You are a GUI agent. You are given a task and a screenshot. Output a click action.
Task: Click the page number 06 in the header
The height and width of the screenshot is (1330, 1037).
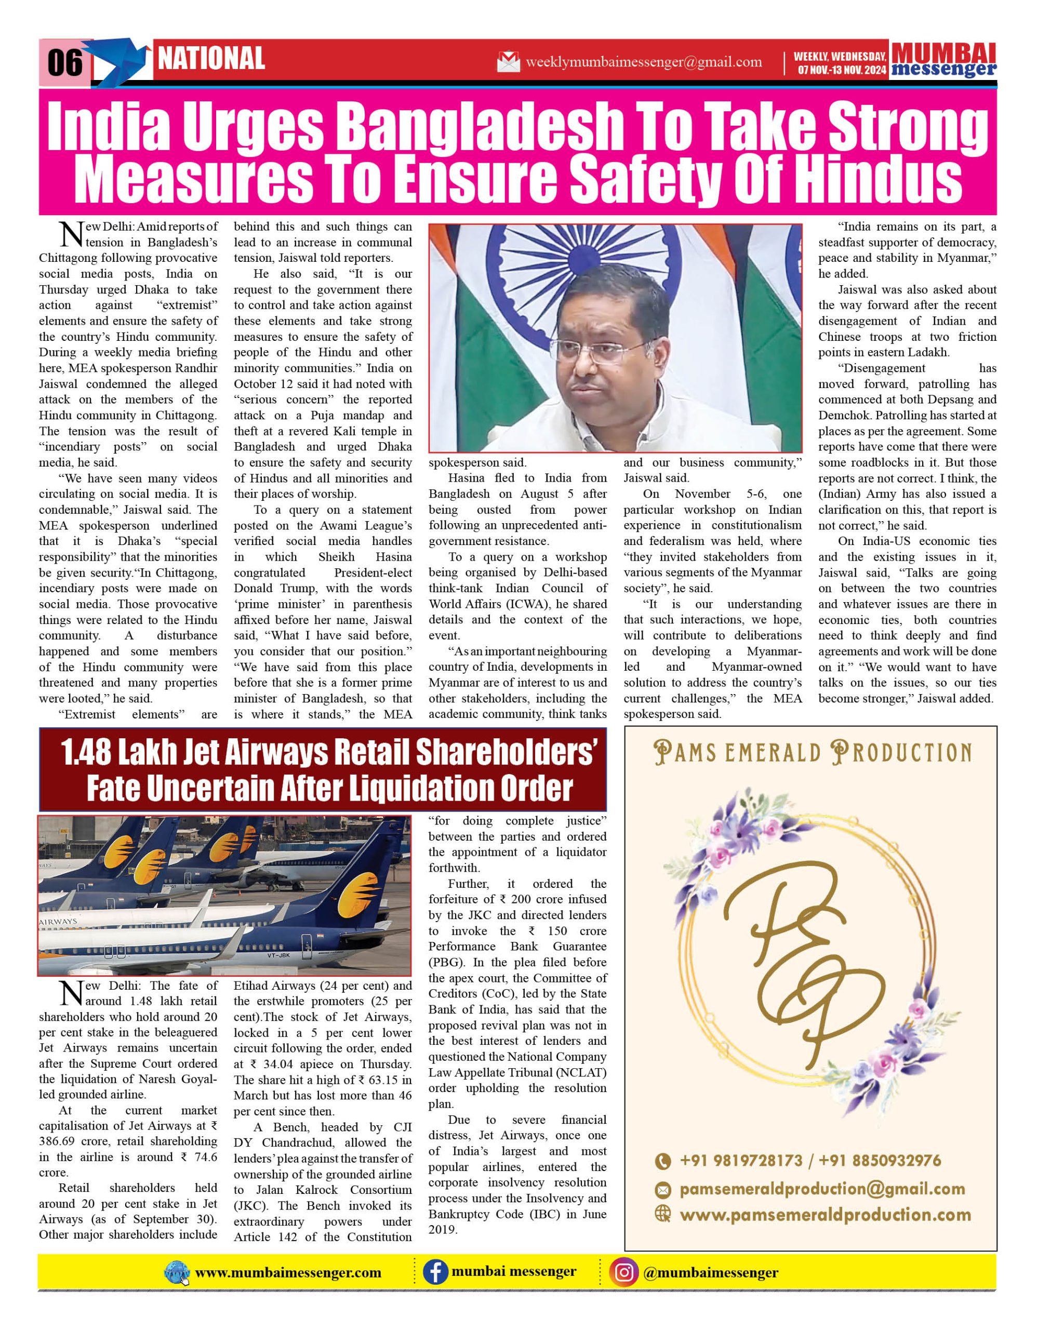coord(64,63)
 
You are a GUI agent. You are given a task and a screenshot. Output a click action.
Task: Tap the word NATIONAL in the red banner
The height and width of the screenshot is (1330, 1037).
coord(211,59)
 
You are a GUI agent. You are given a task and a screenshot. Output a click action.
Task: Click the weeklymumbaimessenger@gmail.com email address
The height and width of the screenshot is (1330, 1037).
coord(644,62)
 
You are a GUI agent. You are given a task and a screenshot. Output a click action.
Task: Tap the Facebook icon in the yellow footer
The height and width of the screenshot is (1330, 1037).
coord(435,1272)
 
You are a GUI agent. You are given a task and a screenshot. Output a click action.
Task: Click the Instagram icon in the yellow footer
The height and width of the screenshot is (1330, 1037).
coord(623,1272)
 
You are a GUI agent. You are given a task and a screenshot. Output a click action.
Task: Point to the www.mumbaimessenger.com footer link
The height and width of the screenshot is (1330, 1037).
coord(288,1273)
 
